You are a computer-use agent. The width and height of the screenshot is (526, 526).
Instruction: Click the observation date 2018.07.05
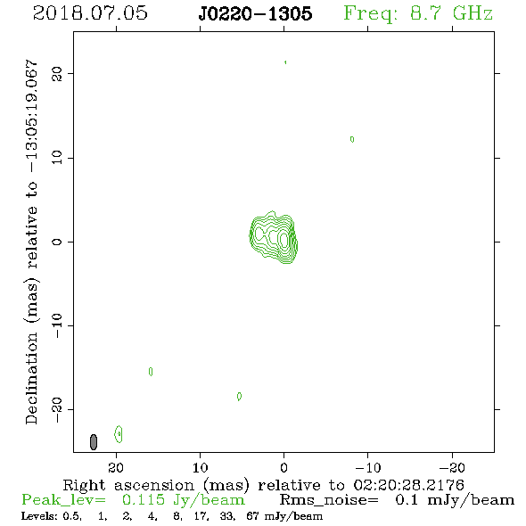90,13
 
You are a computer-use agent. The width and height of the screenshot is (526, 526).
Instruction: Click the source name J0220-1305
255,13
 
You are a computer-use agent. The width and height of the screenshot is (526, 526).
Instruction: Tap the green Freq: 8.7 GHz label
418,13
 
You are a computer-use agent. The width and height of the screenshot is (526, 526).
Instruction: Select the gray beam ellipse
94,442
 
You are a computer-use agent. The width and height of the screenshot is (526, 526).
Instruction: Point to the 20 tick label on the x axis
116,467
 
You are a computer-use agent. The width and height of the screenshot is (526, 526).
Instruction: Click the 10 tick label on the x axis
201,467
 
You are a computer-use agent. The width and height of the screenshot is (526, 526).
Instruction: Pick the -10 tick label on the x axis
368,467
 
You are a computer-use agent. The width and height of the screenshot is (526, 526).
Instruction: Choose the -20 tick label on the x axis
452,467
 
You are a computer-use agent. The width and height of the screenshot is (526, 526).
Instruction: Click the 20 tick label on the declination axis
57,73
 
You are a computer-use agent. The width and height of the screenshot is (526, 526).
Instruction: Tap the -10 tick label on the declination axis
57,325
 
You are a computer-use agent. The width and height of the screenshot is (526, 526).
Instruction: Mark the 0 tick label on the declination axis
57,242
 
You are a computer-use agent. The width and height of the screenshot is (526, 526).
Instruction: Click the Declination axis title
31,242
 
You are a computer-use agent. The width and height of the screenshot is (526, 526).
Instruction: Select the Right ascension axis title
264,485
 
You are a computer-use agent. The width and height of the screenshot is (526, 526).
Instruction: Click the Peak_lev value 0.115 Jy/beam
183,500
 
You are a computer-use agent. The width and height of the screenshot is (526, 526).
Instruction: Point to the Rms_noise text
329,500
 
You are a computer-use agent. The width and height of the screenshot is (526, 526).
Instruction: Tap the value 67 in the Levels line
252,515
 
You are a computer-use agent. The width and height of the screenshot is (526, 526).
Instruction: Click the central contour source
274,237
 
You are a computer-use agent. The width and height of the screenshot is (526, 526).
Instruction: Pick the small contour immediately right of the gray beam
119,434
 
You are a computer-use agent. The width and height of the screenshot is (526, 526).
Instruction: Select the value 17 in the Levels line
201,516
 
